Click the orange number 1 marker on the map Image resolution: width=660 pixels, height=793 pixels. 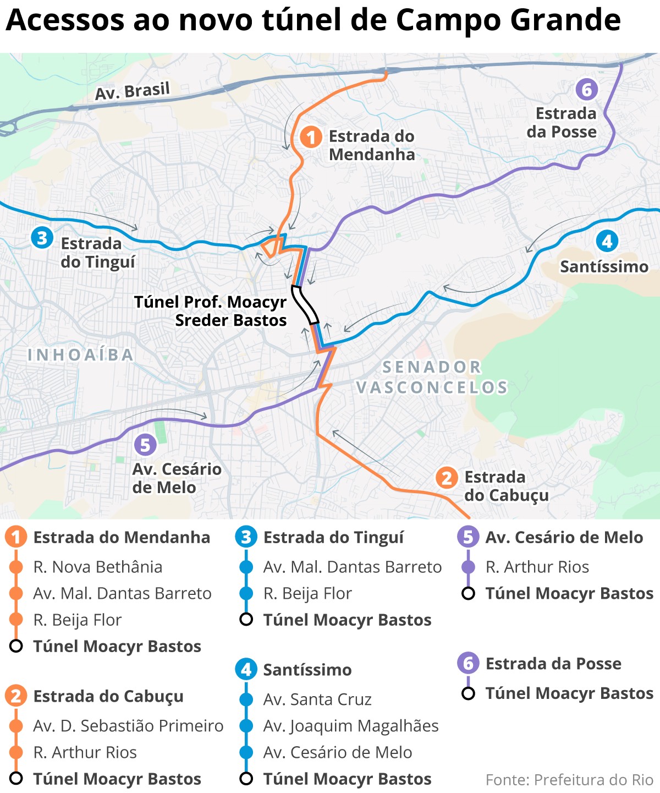(311, 137)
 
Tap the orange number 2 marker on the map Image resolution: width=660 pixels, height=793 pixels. (447, 478)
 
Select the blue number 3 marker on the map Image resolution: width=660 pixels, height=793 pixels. (42, 238)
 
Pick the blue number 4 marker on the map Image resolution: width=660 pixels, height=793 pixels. (607, 241)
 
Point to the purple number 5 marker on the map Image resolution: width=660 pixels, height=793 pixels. (145, 445)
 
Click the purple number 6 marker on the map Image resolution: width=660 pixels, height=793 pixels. (586, 89)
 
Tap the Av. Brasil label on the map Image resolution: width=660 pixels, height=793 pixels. (132, 91)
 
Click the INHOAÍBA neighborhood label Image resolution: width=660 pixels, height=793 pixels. (81, 355)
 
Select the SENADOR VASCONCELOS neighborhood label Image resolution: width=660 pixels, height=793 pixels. (432, 377)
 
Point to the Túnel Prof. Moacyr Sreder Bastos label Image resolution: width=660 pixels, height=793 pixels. (211, 311)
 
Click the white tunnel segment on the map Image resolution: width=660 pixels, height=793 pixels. (305, 304)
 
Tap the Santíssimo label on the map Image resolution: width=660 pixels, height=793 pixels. (604, 267)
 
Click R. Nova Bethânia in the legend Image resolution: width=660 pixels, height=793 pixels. (97, 567)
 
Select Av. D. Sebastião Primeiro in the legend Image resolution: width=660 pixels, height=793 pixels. (128, 726)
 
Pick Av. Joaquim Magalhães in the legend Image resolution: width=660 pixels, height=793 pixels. (350, 726)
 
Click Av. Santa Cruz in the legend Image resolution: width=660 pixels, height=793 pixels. (317, 699)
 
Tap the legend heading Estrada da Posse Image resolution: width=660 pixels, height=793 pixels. (553, 664)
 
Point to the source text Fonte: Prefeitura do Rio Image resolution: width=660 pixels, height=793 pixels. (569, 780)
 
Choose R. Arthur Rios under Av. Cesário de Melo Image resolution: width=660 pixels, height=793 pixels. (537, 567)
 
